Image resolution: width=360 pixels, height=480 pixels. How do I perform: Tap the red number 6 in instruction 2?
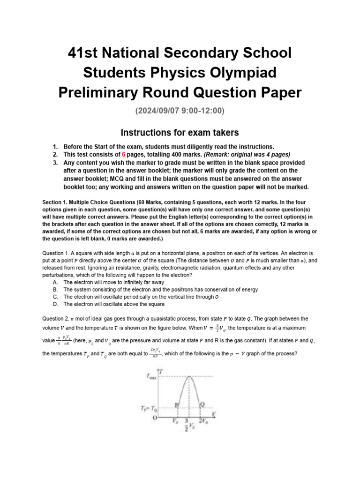click(122, 154)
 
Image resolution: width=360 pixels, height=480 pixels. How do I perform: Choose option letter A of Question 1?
click(56, 283)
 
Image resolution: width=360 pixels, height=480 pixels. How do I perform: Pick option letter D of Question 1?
click(56, 304)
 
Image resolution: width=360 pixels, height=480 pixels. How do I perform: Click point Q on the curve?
click(202, 404)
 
